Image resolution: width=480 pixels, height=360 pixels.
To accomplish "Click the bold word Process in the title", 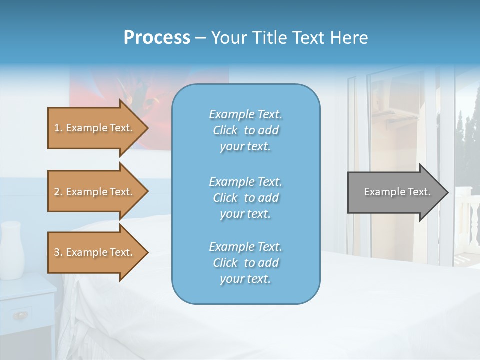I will click(x=157, y=37).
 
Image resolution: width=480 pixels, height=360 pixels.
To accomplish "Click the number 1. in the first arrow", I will click(x=58, y=128).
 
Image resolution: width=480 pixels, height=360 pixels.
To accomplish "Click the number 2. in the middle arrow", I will click(x=58, y=192).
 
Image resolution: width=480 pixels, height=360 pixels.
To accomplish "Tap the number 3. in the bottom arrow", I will click(x=58, y=252).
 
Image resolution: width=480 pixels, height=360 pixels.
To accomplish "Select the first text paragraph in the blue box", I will click(x=245, y=130).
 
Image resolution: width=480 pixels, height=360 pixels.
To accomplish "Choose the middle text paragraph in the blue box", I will click(x=245, y=197).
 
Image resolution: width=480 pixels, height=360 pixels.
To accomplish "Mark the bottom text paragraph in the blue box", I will click(x=245, y=263).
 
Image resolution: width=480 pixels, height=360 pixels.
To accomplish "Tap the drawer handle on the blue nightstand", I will click(x=20, y=315).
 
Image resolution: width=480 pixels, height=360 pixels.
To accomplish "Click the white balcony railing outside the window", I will click(x=468, y=220).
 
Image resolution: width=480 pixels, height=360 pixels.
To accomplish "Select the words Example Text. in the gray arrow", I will click(x=397, y=192).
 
